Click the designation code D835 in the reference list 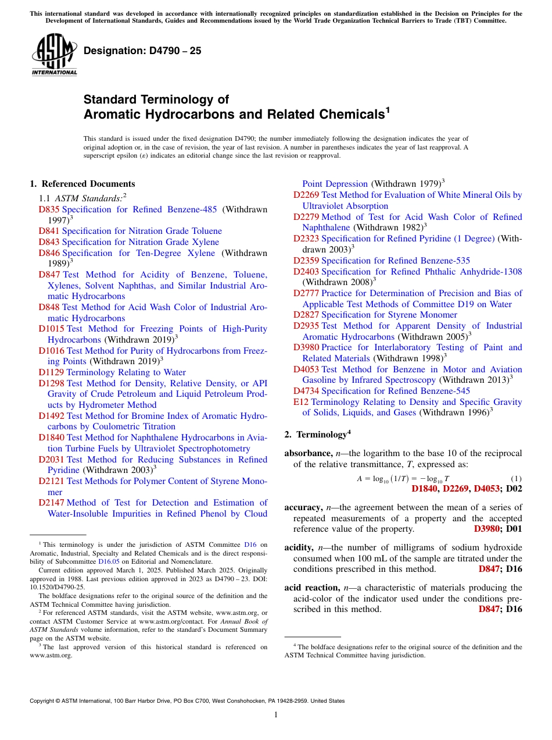click(x=49, y=209)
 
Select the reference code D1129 click(x=51, y=372)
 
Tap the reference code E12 click(x=301, y=402)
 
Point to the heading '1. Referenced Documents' click(x=83, y=184)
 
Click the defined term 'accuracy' click(x=303, y=507)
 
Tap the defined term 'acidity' click(x=299, y=547)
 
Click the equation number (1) click(x=516, y=479)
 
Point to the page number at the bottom click(x=276, y=715)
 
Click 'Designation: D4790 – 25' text click(x=142, y=51)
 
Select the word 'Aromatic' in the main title click(x=110, y=115)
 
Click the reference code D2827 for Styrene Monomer click(x=306, y=315)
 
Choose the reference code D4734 click(x=306, y=391)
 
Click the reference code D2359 click(x=306, y=261)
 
